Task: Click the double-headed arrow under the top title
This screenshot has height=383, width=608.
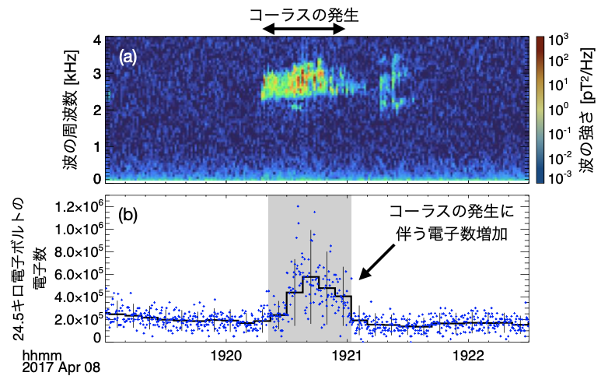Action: click(304, 28)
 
